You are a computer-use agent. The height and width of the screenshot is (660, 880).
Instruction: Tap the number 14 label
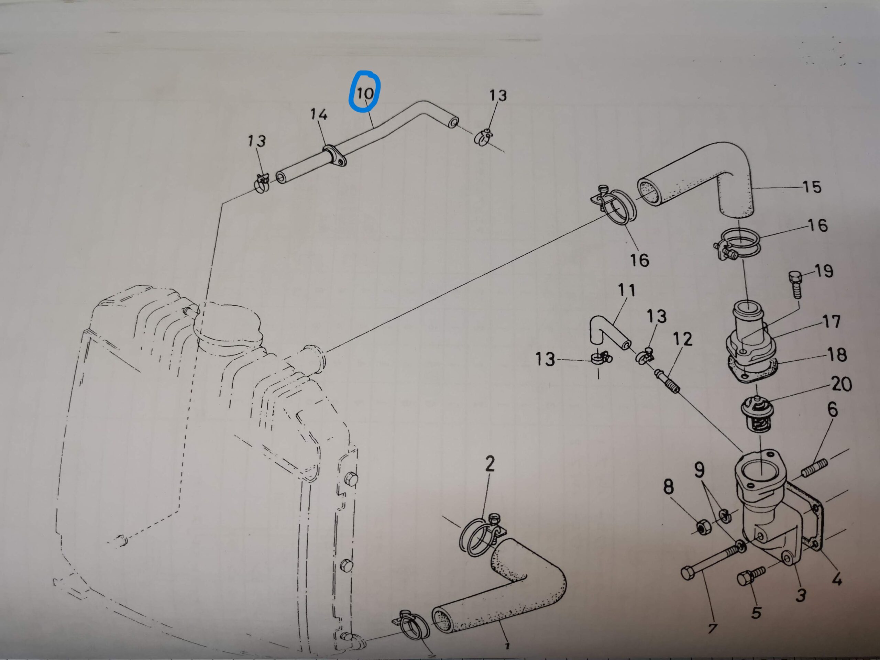pos(319,114)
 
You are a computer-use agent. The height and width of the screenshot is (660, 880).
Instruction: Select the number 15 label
pos(812,187)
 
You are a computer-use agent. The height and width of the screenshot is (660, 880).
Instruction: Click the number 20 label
pos(841,384)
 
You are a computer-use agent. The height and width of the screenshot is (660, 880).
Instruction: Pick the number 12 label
pos(683,339)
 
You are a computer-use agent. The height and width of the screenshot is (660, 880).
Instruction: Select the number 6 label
pos(833,410)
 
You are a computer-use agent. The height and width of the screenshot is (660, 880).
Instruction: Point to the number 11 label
pos(627,291)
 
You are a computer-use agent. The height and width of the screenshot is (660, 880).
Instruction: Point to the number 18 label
pos(837,355)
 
